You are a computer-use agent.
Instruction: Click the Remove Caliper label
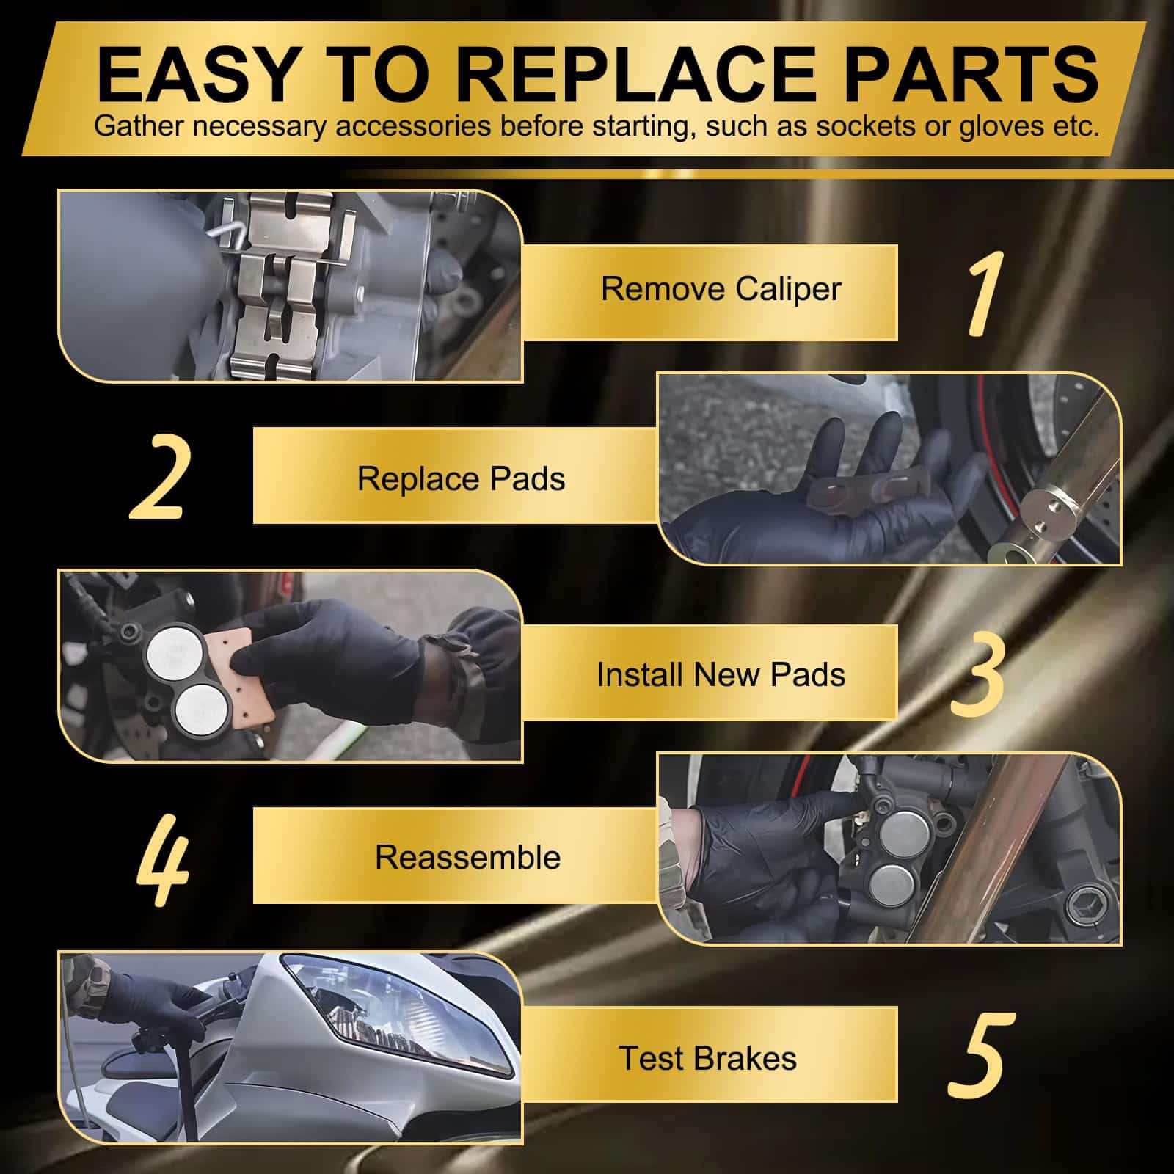pos(721,288)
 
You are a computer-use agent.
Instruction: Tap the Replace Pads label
pos(461,478)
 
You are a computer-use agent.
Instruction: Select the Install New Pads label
pos(721,674)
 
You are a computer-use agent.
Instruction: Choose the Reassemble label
pos(467,857)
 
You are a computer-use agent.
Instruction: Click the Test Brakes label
pos(707,1058)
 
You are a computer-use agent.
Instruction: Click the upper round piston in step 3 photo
pos(170,649)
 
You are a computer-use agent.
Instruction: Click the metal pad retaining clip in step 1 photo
pos(291,286)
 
